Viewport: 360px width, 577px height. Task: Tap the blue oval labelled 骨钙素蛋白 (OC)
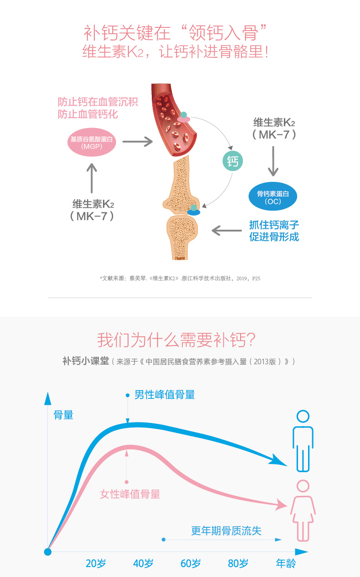(273, 197)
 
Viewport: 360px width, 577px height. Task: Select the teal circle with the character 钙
(232, 161)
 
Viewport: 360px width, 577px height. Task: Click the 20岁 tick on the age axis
(96, 563)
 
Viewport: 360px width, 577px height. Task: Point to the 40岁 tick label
(143, 563)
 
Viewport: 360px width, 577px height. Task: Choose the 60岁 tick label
(190, 563)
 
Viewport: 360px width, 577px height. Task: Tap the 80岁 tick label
(238, 563)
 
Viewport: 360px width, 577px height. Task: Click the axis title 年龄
(286, 563)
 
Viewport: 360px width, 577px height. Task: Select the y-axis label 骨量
(63, 415)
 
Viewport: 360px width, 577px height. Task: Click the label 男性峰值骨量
(165, 395)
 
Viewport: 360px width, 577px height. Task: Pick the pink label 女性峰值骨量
(130, 494)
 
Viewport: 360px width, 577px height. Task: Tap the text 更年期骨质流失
(226, 531)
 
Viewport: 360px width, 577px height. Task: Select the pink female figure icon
(303, 510)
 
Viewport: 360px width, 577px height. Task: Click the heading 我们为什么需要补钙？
(176, 340)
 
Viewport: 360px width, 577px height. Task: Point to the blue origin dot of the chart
(48, 552)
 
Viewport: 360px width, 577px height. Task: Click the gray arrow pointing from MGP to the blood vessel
(138, 142)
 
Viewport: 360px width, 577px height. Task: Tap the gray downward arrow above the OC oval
(273, 161)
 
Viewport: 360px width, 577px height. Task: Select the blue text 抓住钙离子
(274, 225)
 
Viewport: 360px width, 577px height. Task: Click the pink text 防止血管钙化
(88, 114)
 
